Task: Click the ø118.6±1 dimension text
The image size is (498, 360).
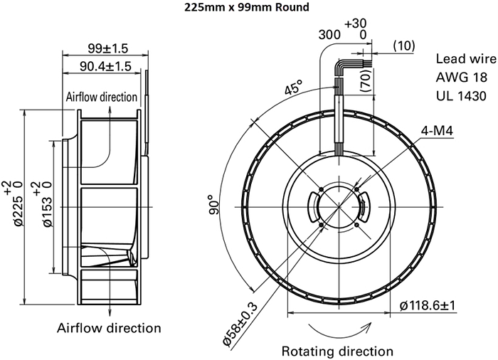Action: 428,305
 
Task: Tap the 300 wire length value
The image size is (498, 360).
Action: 329,34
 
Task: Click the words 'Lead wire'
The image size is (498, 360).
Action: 463,59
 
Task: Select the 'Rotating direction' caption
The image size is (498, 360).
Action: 337,351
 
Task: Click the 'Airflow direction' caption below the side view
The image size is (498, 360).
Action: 108,328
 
